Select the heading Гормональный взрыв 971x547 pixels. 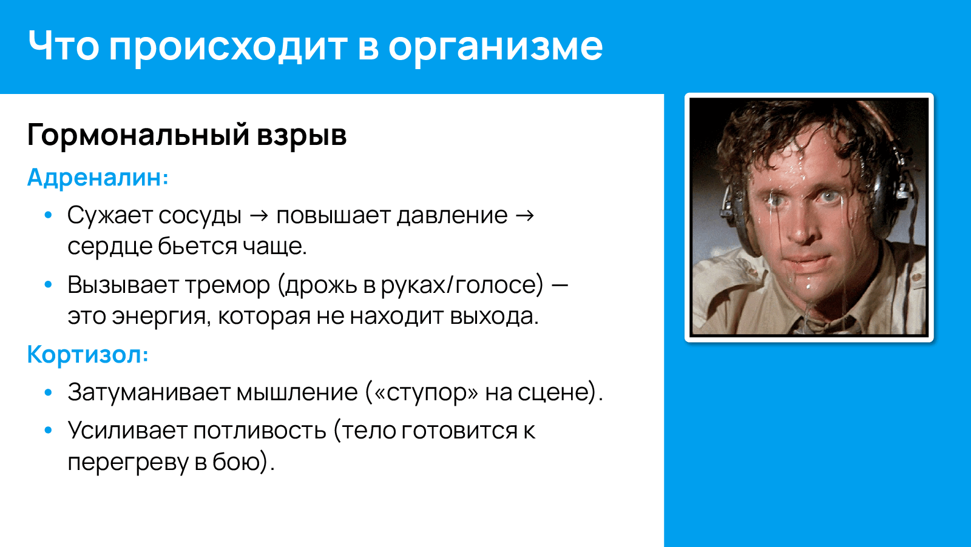[186, 135]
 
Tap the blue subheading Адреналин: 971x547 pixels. [98, 178]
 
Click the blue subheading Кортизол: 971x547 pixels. [87, 354]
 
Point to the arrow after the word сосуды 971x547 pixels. [259, 215]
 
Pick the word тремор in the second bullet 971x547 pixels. [228, 284]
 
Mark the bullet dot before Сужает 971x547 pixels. [49, 215]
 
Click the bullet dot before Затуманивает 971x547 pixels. [49, 392]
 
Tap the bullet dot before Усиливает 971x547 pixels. [49, 430]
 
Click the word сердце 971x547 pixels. [109, 246]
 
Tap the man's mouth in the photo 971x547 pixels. [807, 261]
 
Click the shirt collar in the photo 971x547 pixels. [874, 285]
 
